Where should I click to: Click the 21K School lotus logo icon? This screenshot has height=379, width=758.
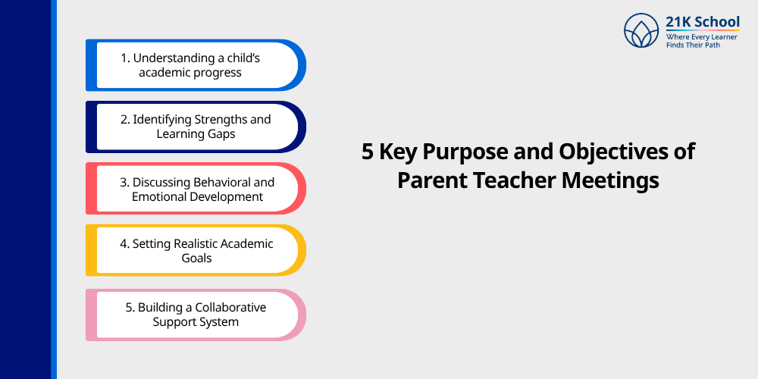click(641, 30)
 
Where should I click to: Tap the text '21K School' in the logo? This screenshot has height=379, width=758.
click(703, 21)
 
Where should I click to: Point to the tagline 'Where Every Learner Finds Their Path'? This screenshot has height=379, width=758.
click(702, 40)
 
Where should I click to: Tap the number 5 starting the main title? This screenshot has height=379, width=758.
click(368, 152)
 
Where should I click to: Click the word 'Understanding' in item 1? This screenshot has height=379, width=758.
click(173, 58)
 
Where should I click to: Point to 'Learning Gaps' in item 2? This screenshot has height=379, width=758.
click(196, 134)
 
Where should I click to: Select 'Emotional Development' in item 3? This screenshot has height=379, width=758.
click(196, 196)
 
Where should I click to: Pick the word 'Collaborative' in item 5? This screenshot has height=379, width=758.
click(230, 307)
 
